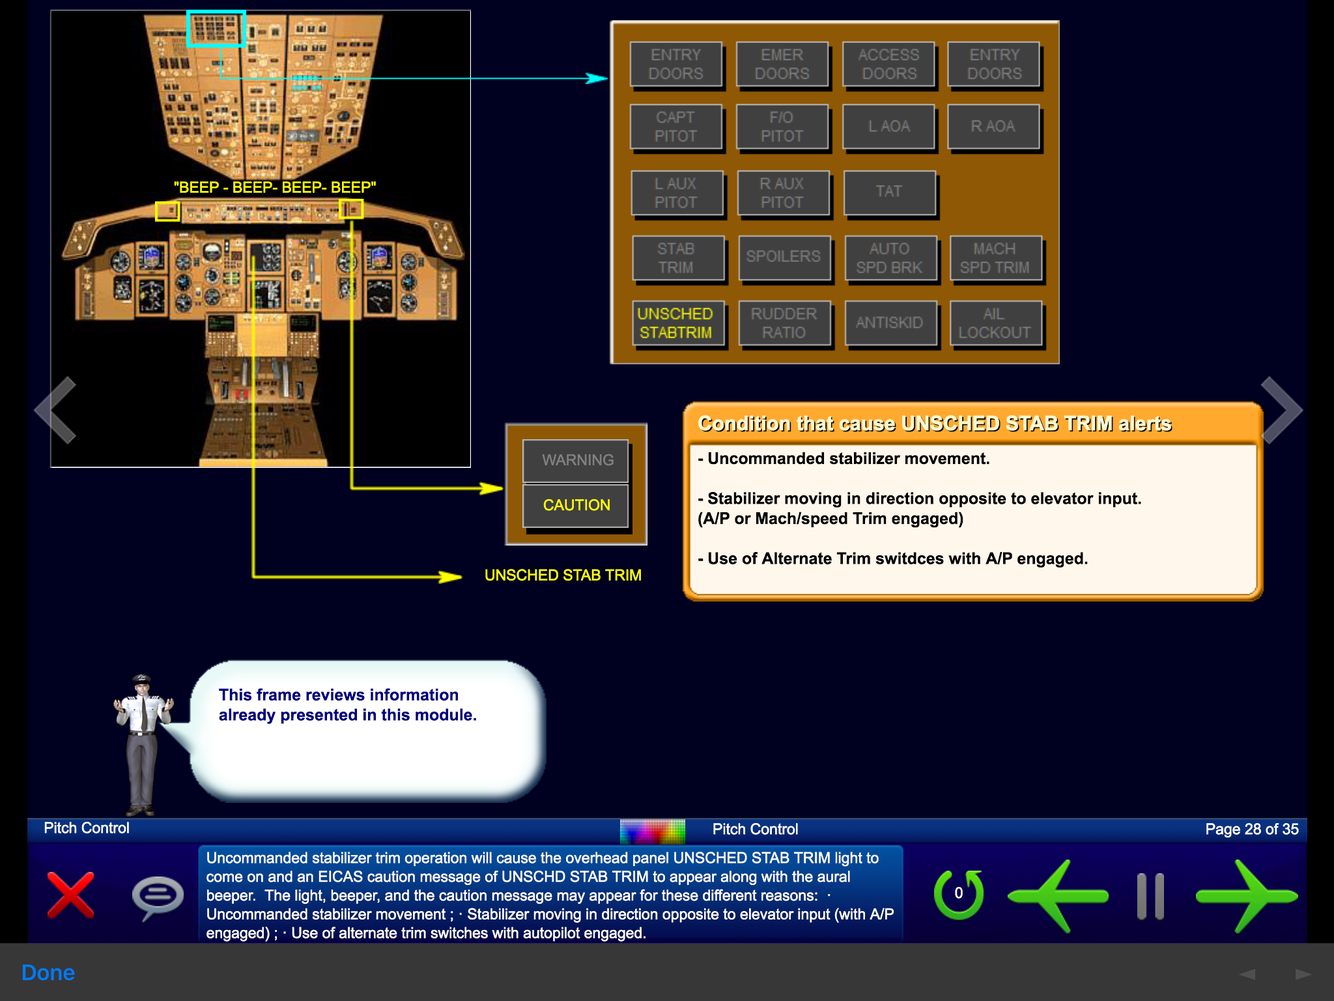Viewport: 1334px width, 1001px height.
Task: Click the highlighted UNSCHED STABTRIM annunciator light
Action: tap(675, 323)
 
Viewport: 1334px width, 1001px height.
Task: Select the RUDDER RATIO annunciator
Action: tap(783, 323)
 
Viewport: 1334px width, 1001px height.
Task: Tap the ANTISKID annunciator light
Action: tap(889, 323)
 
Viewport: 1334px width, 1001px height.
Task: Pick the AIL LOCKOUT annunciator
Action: tap(994, 323)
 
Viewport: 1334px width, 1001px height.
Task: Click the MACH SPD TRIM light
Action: tap(994, 258)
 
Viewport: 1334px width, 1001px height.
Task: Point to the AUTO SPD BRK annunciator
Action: tap(889, 258)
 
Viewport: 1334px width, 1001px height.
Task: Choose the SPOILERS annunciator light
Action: tap(783, 257)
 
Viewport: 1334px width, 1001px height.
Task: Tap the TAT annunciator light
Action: tap(889, 192)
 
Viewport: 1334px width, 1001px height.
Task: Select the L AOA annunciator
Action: tap(889, 127)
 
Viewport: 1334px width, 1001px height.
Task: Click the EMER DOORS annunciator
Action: tap(782, 64)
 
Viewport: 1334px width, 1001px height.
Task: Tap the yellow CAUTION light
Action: tap(576, 505)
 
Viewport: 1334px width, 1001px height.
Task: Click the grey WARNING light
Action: tap(577, 460)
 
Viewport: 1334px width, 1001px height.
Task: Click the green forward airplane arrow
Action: tap(1246, 895)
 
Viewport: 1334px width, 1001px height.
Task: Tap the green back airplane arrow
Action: tap(1058, 895)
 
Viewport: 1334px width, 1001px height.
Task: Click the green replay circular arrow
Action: tap(958, 894)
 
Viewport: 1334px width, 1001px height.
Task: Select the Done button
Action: tap(48, 973)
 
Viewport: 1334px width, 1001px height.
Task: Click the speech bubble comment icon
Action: tap(157, 895)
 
